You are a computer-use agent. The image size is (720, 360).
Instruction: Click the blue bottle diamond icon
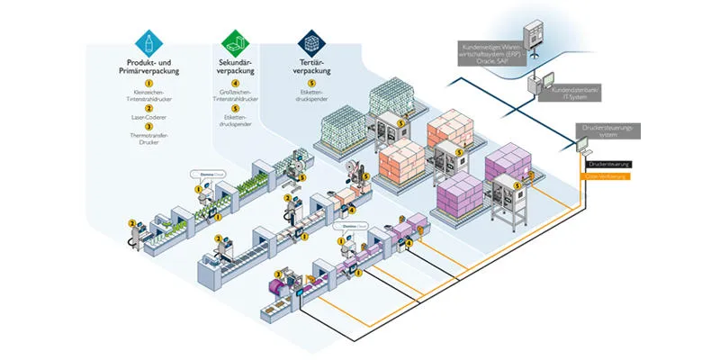[146, 41]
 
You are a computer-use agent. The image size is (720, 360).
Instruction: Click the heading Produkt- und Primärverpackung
[146, 66]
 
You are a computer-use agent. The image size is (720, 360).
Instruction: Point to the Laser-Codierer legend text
[146, 117]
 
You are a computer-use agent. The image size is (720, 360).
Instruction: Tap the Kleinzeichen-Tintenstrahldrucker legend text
[146, 96]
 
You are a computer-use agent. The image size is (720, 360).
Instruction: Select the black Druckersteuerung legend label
[607, 164]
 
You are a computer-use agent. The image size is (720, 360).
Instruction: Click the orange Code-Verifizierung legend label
[607, 176]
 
